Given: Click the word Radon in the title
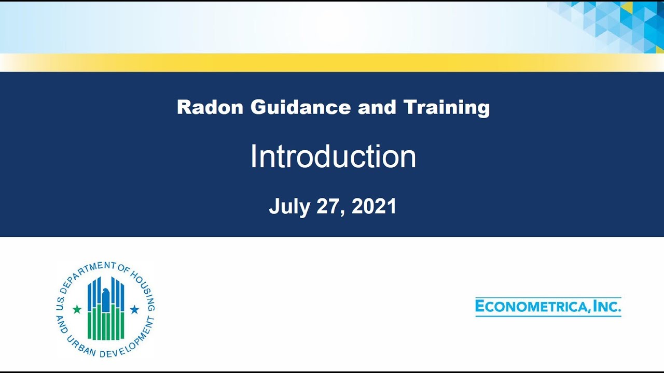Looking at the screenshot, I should tap(210, 107).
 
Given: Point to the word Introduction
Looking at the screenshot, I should tap(333, 156).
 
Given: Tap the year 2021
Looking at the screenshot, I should tap(374, 206).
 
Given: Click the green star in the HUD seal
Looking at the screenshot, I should tap(77, 309).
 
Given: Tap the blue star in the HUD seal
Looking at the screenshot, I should tap(134, 309).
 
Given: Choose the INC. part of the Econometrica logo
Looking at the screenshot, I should tap(607, 306).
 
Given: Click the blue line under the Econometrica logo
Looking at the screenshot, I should tap(548, 315).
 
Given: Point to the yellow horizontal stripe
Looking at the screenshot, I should tap(332, 62).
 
